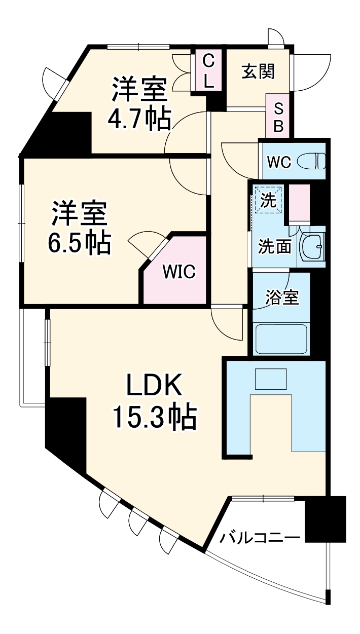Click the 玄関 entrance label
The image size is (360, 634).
point(258,72)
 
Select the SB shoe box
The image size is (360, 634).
point(278,117)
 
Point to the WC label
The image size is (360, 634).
point(279,163)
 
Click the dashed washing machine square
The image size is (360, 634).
point(268,200)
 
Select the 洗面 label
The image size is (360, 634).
point(274,247)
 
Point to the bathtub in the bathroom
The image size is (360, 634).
point(282,339)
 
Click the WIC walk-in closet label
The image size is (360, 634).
point(178,272)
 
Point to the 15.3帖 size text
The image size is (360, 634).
point(154,417)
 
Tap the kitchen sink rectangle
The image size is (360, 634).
point(270,379)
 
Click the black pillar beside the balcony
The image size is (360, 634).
point(326,519)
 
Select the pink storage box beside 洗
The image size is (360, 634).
point(299,203)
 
